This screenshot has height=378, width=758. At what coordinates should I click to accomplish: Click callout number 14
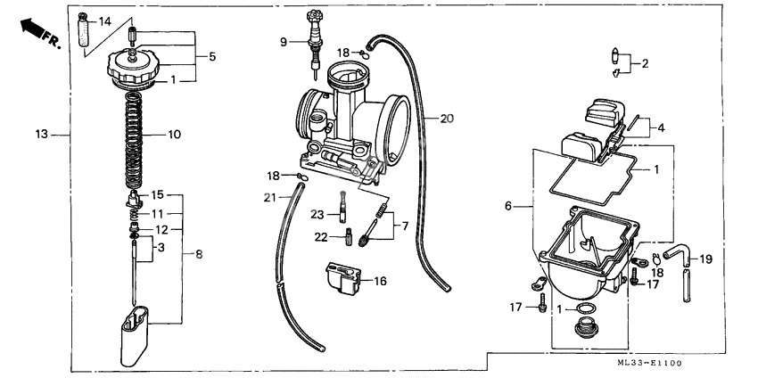click(105, 21)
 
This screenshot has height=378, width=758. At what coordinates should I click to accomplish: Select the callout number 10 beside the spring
click(173, 136)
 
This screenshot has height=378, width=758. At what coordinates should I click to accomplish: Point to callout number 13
click(40, 136)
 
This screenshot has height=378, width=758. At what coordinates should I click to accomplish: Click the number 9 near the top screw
click(284, 42)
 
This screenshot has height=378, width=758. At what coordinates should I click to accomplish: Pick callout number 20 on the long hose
click(447, 118)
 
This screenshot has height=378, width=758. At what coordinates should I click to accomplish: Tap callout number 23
click(317, 214)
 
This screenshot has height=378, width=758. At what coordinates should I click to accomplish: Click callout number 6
click(508, 205)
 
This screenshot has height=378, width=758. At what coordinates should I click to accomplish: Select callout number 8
click(198, 255)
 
